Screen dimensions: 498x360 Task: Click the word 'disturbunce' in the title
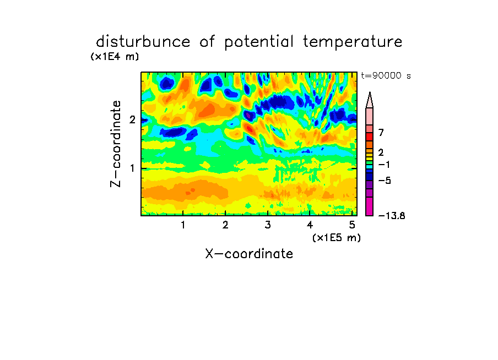click(143, 41)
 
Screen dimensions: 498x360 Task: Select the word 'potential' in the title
click(259, 42)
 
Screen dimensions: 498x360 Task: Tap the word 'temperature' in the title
click(353, 42)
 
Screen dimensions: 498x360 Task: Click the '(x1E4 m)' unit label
click(115, 57)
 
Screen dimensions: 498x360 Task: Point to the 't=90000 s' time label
click(386, 75)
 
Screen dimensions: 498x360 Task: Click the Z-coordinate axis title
click(116, 144)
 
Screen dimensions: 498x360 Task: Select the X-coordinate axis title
click(249, 254)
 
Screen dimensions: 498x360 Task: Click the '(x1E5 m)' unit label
click(337, 237)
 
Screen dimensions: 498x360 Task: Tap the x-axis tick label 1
click(183, 225)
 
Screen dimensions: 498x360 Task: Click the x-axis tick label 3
click(268, 225)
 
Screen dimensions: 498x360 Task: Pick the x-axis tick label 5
click(352, 225)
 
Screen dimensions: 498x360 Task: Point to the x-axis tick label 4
click(310, 225)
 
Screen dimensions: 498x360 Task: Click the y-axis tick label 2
click(132, 119)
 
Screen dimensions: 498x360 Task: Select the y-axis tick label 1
click(132, 168)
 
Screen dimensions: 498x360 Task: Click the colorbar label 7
click(381, 133)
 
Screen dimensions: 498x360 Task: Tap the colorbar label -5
click(385, 181)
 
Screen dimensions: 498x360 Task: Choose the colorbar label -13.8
click(392, 216)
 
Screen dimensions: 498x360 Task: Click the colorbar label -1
click(384, 165)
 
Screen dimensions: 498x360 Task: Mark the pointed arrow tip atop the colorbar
click(370, 92)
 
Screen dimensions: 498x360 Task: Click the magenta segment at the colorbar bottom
click(370, 206)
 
